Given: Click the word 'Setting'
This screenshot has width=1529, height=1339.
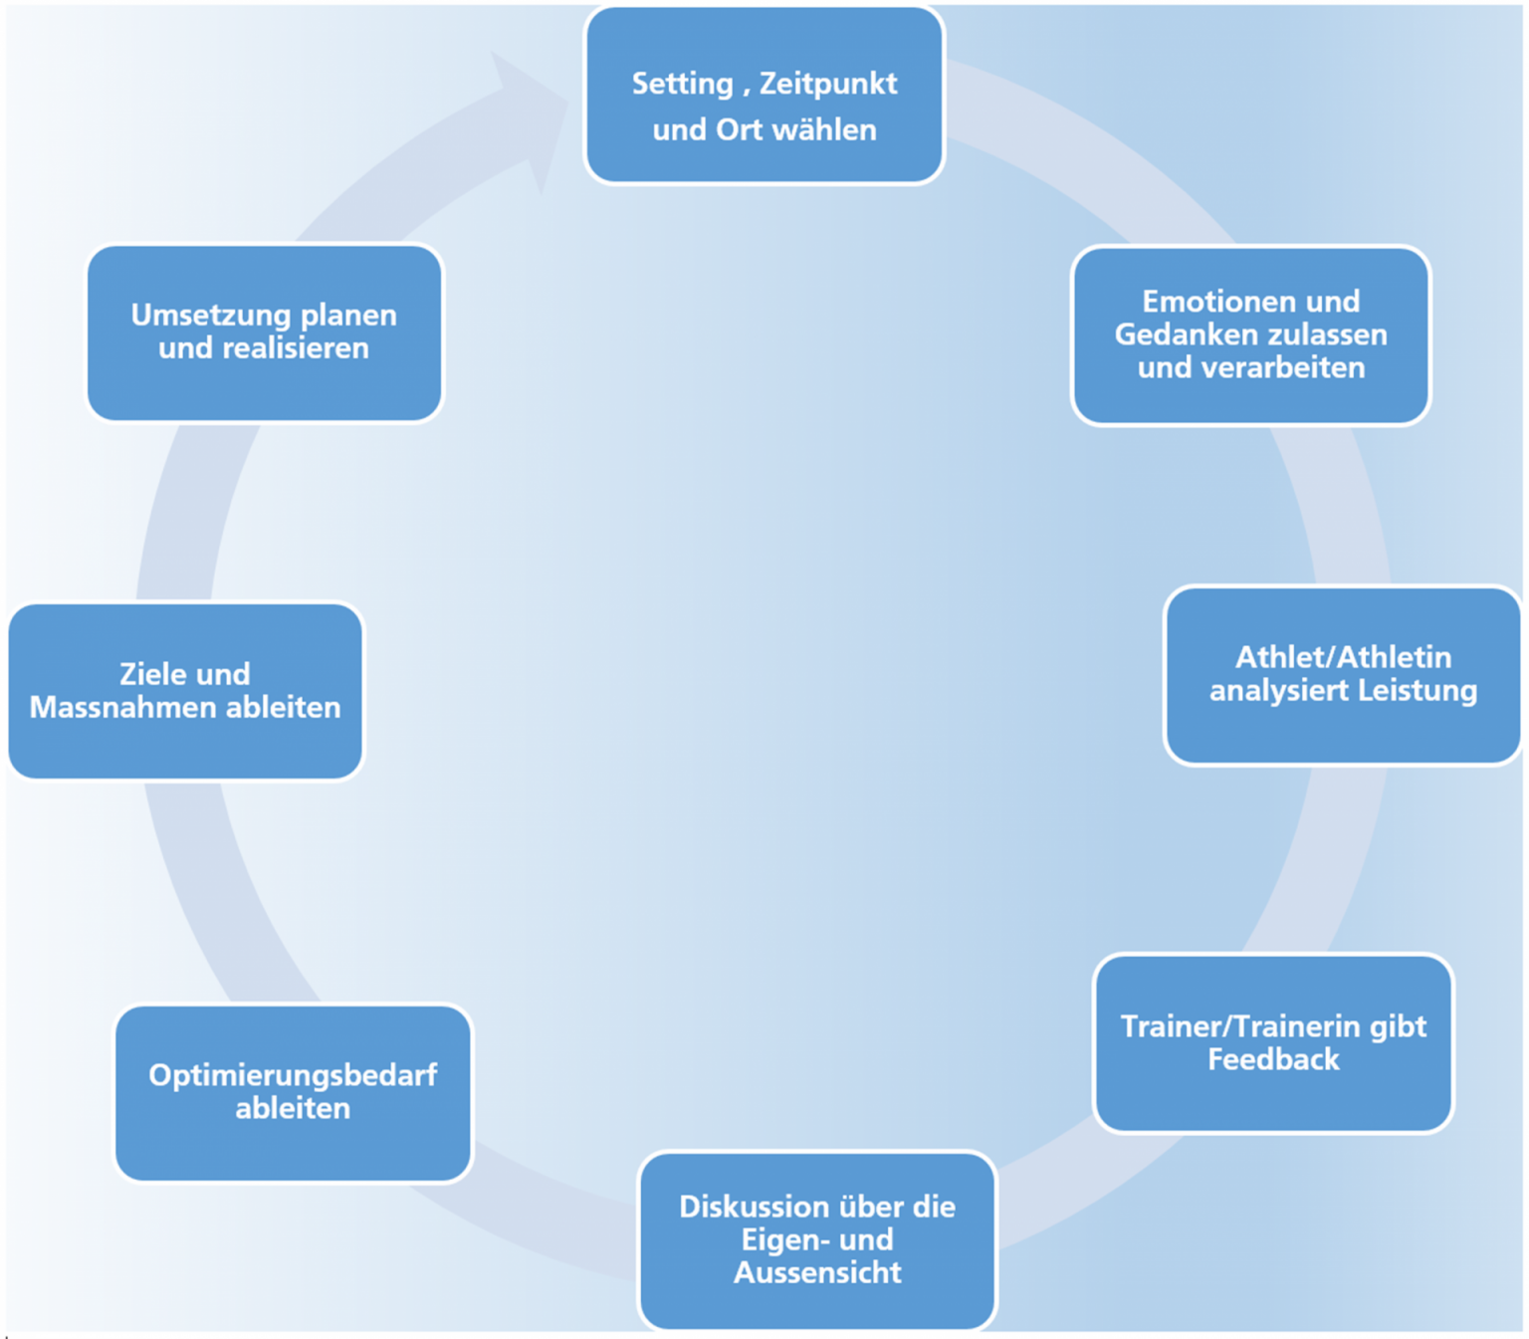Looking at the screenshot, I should pos(683,84).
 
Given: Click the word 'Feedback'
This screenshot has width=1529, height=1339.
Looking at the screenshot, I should pos(1273,1059).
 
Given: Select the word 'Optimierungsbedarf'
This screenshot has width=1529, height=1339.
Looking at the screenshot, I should pos(293,1075).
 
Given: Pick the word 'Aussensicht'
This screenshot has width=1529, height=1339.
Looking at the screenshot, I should pos(817,1272).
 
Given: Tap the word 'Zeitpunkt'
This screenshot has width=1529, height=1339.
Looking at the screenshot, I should pos(828,84).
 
